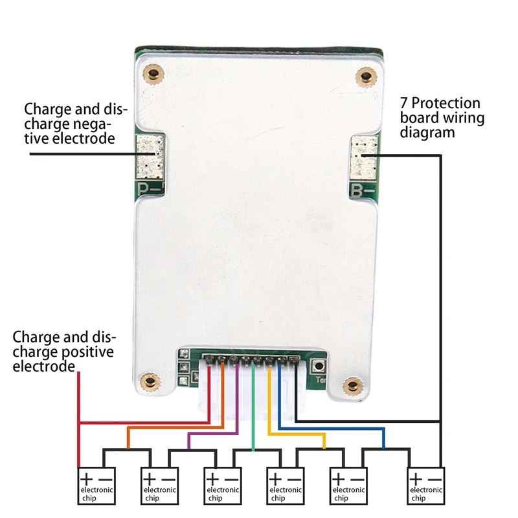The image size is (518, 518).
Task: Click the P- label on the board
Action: click(150, 189)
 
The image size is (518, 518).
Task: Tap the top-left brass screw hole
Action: click(153, 73)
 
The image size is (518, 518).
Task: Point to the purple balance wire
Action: click(214, 434)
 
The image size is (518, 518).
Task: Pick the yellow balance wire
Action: click(298, 434)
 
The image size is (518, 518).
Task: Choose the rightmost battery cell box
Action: click(426, 486)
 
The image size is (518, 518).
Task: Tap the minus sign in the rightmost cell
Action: click(436, 479)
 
